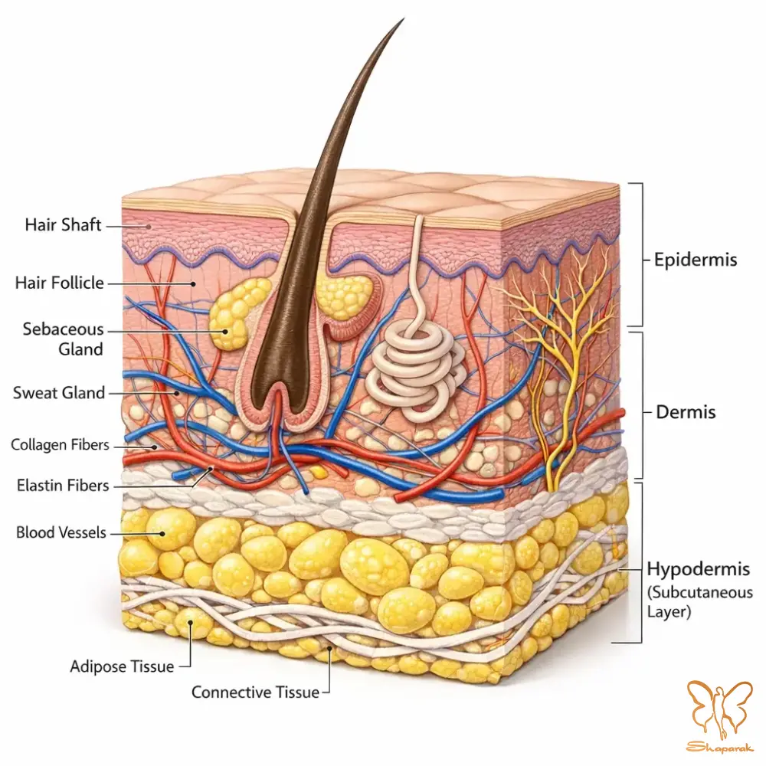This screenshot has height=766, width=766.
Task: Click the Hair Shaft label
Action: (x=63, y=224)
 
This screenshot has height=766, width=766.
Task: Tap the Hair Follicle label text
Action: (x=59, y=283)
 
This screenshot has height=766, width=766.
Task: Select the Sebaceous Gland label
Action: (x=63, y=339)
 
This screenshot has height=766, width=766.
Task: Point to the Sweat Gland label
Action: (x=59, y=393)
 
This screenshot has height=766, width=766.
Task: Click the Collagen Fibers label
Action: (x=60, y=444)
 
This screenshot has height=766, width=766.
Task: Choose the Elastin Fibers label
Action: (x=63, y=486)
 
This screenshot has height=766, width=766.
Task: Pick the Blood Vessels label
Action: (x=61, y=532)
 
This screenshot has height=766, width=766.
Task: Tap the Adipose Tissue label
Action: (x=122, y=666)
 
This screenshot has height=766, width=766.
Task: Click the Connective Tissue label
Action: (x=256, y=692)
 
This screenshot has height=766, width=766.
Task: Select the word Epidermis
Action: (x=696, y=260)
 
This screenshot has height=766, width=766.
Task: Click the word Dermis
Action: (x=686, y=412)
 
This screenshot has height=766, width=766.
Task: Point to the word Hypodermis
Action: (x=698, y=569)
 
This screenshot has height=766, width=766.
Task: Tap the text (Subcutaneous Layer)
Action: (x=699, y=602)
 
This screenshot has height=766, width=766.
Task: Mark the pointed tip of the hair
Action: (x=404, y=19)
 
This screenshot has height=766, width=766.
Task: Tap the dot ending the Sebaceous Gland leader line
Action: (x=225, y=331)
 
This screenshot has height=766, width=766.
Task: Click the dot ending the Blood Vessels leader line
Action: (x=162, y=533)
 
